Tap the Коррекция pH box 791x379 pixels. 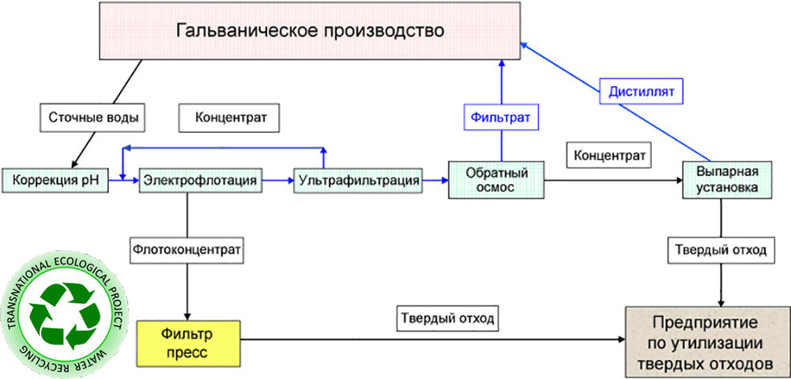[x=53, y=181]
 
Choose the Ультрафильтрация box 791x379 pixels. [x=358, y=181]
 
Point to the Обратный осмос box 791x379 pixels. [x=495, y=180]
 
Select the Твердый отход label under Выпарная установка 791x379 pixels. [x=720, y=250]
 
